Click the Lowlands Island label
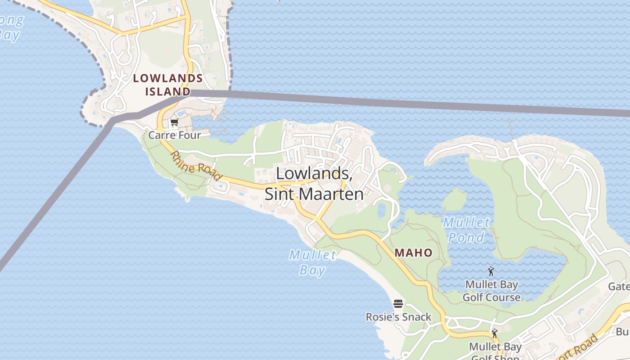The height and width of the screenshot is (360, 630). click(167, 85)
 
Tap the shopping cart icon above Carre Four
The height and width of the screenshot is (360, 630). click(174, 122)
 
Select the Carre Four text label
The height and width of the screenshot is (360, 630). click(175, 135)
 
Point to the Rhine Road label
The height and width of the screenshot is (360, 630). click(196, 166)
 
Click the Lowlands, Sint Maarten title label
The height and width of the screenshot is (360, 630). click(314, 184)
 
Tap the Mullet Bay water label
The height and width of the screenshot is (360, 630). click(312, 262)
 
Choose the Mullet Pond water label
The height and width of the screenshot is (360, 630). click(466, 229)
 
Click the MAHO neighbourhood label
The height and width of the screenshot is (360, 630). click(414, 253)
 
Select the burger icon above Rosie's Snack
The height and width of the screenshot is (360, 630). click(398, 304)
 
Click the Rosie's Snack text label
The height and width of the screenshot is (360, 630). click(398, 317)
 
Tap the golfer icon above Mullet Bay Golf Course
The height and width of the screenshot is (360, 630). click(491, 272)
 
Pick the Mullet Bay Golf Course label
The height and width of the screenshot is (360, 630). click(491, 291)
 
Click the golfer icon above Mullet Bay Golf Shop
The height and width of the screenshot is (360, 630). click(495, 333)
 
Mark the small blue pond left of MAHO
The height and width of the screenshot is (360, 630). click(382, 210)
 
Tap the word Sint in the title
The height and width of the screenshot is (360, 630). click(281, 194)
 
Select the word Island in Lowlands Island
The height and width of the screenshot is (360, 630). click(167, 92)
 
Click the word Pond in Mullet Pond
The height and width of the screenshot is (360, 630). click(466, 237)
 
